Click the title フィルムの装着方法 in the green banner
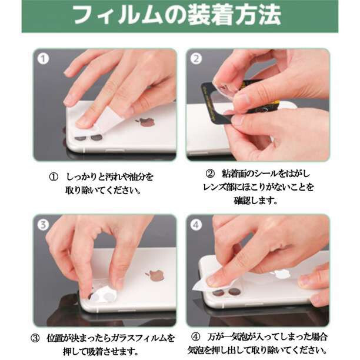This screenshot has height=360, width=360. (x=178, y=15)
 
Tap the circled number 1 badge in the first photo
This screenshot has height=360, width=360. (x=43, y=59)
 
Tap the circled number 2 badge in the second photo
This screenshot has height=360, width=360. (x=196, y=59)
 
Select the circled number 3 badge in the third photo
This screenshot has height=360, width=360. (x=43, y=225)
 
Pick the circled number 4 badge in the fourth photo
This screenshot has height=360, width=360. (x=196, y=225)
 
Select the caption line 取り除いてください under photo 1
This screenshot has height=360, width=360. (x=103, y=191)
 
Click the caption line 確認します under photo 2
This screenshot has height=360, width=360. (x=256, y=201)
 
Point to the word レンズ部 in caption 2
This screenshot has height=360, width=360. (x=219, y=187)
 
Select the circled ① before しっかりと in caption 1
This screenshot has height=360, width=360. (x=54, y=177)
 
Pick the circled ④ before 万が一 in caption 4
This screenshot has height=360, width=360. (x=196, y=337)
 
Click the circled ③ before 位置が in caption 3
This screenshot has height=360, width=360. (x=35, y=338)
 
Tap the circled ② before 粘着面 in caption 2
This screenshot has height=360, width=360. (x=209, y=174)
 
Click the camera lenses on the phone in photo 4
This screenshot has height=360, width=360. (x=226, y=292)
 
